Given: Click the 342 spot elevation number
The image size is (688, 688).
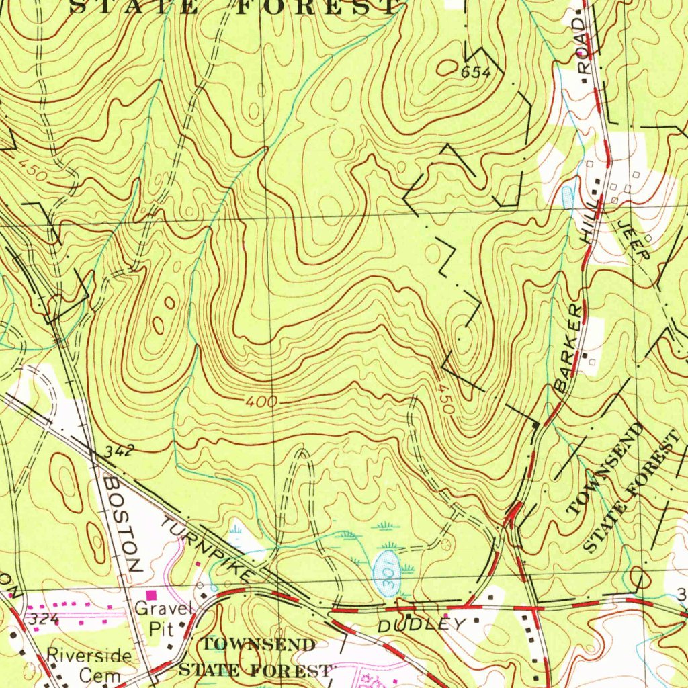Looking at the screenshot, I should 120,452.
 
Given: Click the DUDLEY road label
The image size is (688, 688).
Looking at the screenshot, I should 421,624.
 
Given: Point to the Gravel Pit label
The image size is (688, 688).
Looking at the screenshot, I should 163,619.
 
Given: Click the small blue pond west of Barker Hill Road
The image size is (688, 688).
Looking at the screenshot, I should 566,196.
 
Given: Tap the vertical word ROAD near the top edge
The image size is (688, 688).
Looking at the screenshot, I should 583,46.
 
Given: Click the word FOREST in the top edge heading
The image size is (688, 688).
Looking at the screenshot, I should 316,7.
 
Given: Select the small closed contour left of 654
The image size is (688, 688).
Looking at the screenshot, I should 446,67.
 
